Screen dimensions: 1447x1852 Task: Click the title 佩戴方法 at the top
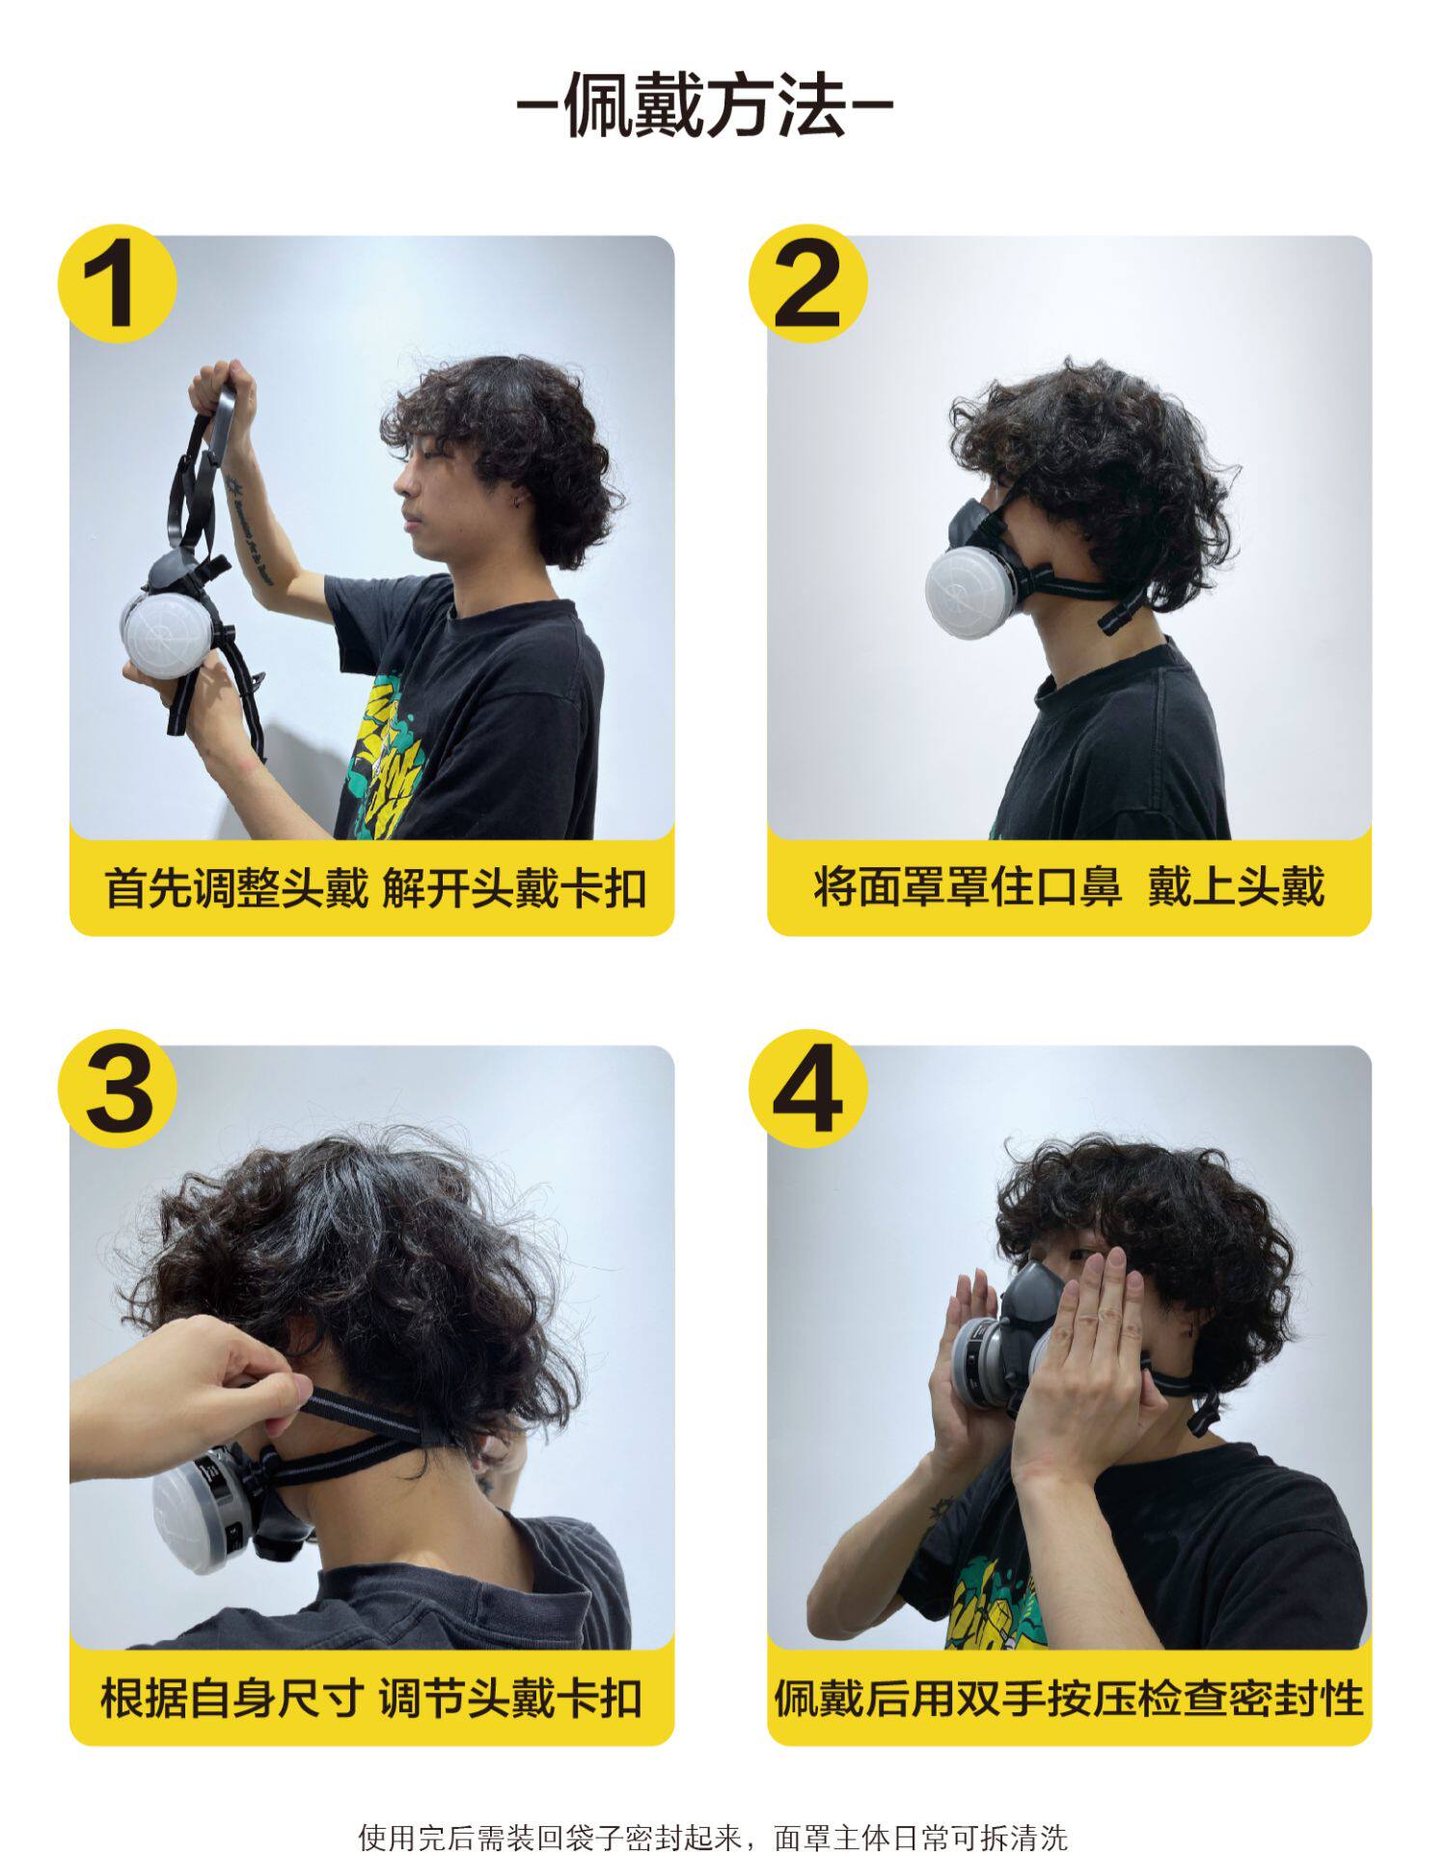tap(705, 105)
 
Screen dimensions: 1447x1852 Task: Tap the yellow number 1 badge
tap(118, 284)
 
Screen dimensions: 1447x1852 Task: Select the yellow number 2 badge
tap(808, 284)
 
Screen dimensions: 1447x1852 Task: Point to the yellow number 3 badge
tap(118, 1090)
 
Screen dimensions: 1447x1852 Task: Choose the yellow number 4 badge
tap(808, 1090)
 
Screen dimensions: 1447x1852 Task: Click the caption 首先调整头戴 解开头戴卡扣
tap(375, 887)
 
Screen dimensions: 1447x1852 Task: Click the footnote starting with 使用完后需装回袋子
tap(713, 1829)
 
